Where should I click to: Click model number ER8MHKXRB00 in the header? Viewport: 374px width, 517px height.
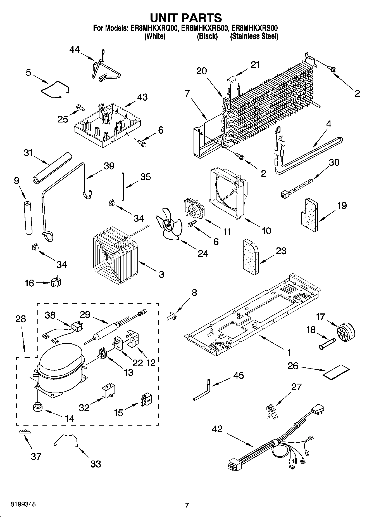coord(206,28)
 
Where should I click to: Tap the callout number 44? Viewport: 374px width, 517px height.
coord(75,50)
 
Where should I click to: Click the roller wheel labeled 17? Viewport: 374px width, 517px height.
coord(346,333)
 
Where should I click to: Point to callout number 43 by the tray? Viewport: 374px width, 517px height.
coord(142,97)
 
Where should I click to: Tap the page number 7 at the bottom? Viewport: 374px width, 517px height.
coord(187,505)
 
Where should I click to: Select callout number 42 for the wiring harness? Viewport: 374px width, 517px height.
coord(217,429)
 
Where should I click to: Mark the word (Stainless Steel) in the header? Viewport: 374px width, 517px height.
coord(254,36)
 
